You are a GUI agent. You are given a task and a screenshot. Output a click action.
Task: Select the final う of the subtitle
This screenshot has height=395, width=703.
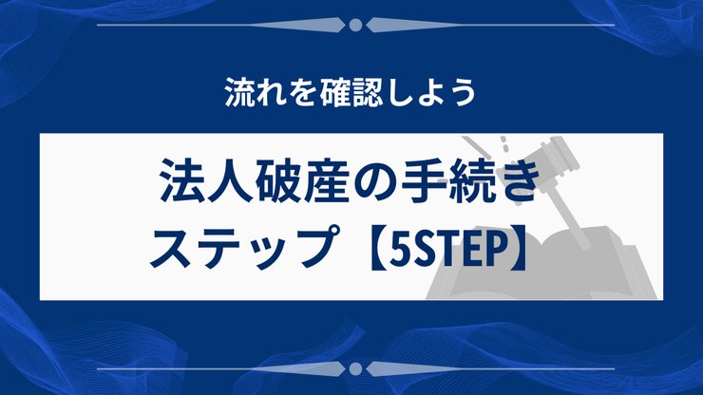461,94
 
